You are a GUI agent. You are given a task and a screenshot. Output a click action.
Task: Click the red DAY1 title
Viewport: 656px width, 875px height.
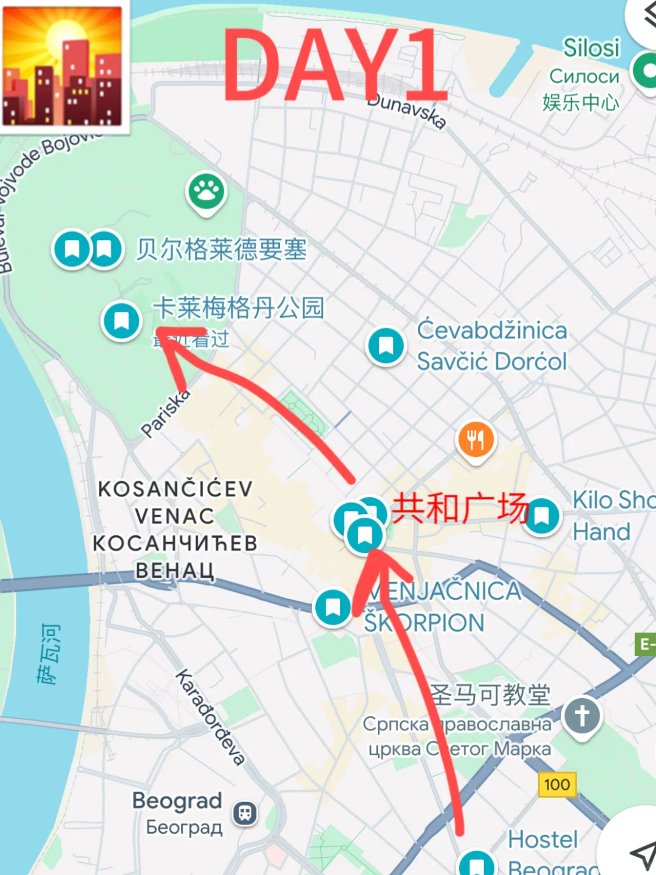point(335,66)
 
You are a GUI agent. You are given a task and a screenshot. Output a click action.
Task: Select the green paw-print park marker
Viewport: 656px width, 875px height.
point(207,192)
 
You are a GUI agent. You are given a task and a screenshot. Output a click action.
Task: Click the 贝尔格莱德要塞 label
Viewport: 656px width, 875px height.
point(221,249)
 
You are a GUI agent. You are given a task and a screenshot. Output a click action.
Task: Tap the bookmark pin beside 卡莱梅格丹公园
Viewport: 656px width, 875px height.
point(121,320)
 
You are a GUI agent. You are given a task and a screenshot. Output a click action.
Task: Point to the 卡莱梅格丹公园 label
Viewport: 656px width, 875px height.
point(239,307)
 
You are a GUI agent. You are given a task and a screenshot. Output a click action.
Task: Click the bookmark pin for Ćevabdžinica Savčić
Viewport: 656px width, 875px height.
point(386,346)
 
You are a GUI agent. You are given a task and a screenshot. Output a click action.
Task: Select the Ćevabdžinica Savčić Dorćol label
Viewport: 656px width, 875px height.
point(492,346)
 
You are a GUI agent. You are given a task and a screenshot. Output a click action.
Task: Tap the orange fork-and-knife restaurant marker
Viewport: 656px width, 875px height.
point(476,439)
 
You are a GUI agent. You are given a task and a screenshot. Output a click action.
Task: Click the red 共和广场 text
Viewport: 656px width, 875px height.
point(460,508)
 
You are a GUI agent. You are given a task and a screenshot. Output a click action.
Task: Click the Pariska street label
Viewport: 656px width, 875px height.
point(165,413)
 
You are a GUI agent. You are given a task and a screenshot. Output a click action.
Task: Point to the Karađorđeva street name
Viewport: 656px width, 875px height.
point(210,717)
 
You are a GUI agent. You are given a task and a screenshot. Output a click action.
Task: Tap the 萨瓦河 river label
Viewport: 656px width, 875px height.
point(49,653)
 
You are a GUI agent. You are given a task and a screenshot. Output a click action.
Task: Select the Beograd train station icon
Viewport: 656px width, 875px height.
point(245,813)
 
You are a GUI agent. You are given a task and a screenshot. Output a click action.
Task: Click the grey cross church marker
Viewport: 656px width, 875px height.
point(582,716)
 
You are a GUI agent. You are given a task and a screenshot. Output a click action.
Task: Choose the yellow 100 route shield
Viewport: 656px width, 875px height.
point(557,784)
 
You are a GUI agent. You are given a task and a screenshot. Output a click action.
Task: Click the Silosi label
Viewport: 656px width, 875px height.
point(591,47)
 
